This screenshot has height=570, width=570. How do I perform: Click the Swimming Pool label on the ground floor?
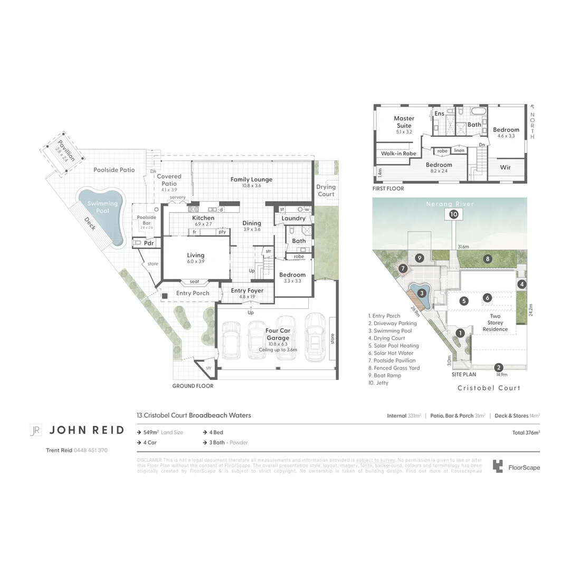point(102,207)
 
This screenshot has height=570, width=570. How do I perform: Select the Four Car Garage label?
point(278,335)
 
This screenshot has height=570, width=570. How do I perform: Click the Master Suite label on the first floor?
point(404,122)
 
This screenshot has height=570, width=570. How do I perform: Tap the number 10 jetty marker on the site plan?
point(454,214)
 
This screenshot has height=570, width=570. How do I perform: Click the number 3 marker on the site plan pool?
point(422,293)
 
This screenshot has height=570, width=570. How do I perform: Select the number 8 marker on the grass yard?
point(488,259)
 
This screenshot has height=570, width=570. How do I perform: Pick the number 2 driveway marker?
point(498,368)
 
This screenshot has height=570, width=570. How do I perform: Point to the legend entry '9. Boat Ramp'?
point(385,375)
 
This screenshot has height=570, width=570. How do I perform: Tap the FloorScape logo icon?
point(498,466)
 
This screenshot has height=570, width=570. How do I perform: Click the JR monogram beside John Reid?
point(35,430)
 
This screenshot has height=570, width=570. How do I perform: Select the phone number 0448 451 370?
point(90,450)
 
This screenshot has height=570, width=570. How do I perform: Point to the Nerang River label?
point(450,204)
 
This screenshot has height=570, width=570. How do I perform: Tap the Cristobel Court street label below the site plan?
point(489,388)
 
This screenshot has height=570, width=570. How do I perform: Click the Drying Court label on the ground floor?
point(326,191)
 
